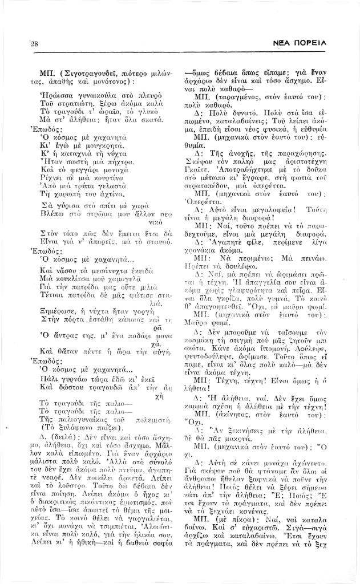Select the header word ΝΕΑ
288,43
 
